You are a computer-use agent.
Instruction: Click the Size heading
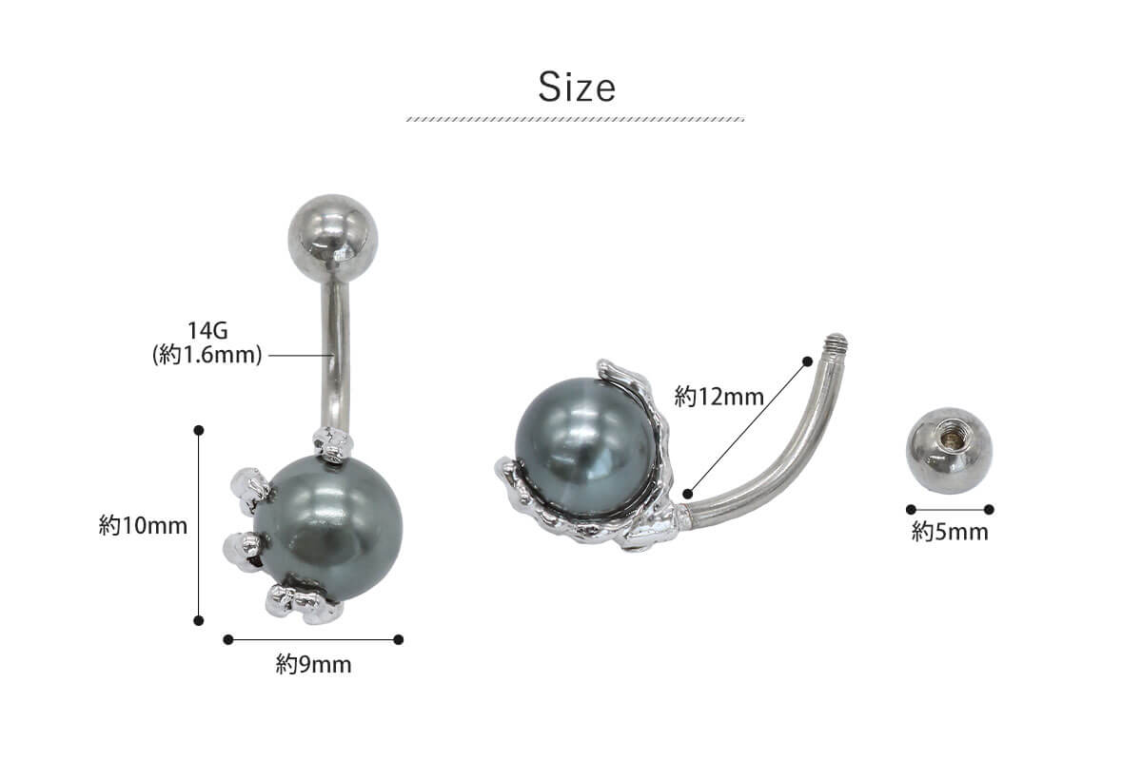[577, 88]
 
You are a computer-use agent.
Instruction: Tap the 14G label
[207, 331]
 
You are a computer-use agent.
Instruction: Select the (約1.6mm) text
[207, 355]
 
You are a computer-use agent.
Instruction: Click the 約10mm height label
[144, 525]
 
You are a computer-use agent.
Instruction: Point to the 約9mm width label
[313, 665]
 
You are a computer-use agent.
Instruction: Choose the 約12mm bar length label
[719, 397]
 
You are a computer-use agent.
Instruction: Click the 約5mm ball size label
[950, 532]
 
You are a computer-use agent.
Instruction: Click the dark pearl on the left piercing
[329, 529]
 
